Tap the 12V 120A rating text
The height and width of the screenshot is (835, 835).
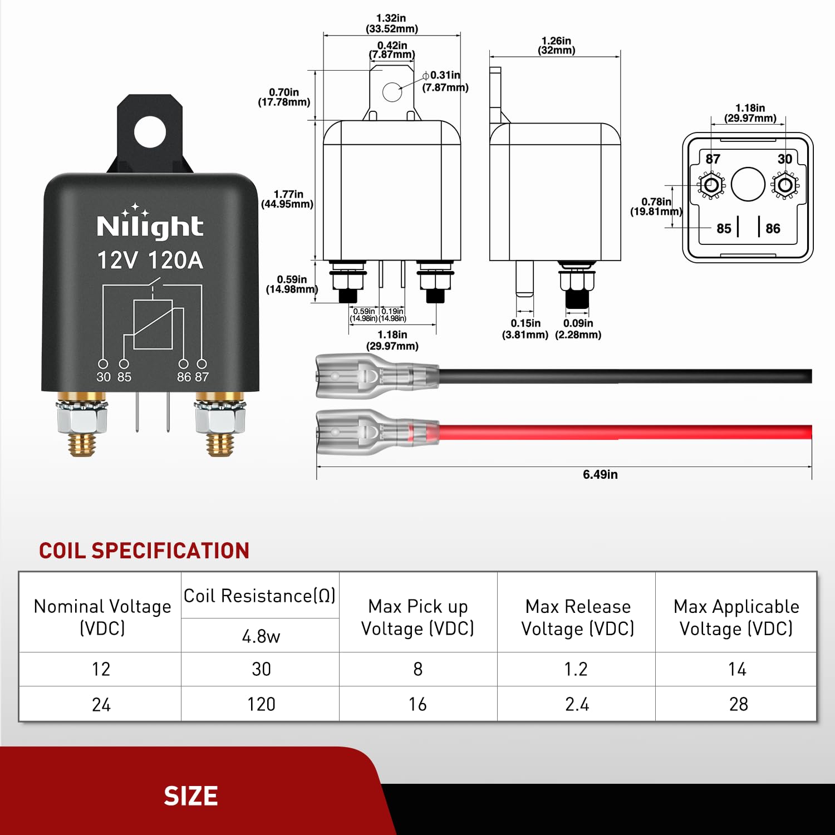click(150, 261)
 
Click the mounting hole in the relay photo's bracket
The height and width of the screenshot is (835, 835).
click(150, 132)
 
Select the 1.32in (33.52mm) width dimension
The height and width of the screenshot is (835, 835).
click(392, 23)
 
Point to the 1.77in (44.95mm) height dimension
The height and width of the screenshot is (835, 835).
click(288, 199)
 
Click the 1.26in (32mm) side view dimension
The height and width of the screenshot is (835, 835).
click(556, 46)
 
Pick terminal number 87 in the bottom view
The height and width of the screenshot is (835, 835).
click(713, 159)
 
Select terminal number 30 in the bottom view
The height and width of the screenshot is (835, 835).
click(785, 159)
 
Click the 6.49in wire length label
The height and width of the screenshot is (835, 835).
click(600, 474)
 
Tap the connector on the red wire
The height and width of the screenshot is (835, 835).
click(367, 433)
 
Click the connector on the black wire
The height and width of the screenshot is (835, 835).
click(367, 376)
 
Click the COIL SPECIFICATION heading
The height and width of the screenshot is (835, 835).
click(144, 551)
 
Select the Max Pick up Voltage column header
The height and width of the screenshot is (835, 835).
click(417, 617)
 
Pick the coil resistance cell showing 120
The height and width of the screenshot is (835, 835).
click(261, 704)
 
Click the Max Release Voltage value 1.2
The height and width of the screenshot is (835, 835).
click(576, 669)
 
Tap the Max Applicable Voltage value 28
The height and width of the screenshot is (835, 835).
click(738, 704)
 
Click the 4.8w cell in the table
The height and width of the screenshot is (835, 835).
click(261, 636)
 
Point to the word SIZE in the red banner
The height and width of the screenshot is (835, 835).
click(190, 796)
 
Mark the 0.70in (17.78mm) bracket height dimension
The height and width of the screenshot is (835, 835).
click(284, 97)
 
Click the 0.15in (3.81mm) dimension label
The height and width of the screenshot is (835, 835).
click(525, 329)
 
